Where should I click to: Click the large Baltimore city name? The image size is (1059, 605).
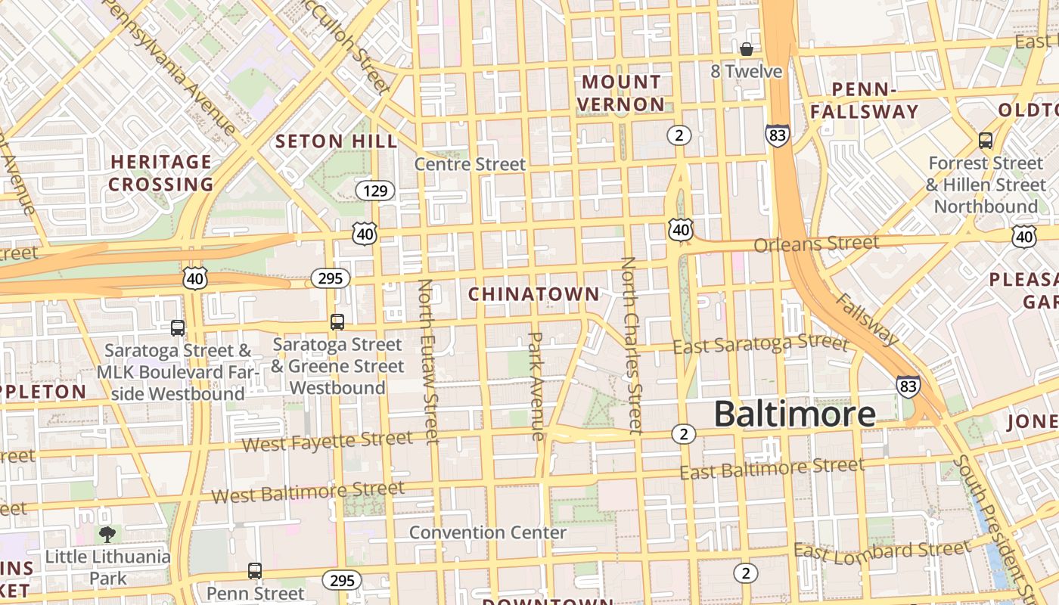(794, 414)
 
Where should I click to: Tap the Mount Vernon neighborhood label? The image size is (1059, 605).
(622, 93)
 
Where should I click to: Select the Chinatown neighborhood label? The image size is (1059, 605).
(534, 294)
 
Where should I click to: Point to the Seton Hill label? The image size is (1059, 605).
(336, 141)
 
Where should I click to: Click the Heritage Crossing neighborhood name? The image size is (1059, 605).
(161, 172)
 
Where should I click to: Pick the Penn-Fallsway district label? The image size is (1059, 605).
(865, 101)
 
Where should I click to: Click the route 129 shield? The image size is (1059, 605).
(375, 190)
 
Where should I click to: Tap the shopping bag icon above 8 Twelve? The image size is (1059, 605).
(747, 50)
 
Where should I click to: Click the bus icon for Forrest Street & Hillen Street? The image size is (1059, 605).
(985, 140)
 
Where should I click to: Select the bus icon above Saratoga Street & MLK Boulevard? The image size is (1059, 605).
(178, 328)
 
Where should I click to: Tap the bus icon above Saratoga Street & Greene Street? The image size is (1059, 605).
(337, 322)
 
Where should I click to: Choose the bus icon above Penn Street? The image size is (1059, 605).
(255, 571)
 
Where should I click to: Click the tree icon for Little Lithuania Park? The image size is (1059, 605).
(107, 535)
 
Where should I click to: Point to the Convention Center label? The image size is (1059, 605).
(488, 532)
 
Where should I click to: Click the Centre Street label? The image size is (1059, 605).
(470, 164)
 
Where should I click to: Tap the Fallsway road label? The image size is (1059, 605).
(867, 318)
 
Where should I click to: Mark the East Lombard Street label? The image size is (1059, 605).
(882, 551)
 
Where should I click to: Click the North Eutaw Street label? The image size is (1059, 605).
(428, 361)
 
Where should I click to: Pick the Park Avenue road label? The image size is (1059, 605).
(536, 386)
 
